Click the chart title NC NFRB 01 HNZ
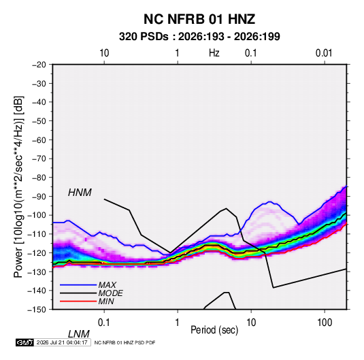click(x=199, y=19)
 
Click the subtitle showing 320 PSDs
click(x=199, y=37)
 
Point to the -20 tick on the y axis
click(x=39, y=65)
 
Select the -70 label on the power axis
click(x=39, y=159)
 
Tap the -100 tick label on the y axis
click(x=37, y=215)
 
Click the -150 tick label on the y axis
click(x=37, y=310)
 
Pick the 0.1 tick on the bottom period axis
click(x=104, y=323)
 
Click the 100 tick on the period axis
click(x=325, y=323)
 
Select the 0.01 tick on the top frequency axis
click(x=324, y=53)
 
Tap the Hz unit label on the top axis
click(x=214, y=53)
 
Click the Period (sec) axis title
click(x=214, y=330)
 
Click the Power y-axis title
click(x=18, y=187)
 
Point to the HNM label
click(x=80, y=193)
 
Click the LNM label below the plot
click(x=78, y=334)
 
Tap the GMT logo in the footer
click(x=24, y=342)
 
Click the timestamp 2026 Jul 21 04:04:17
click(x=62, y=342)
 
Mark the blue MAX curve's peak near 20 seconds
click(x=269, y=201)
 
